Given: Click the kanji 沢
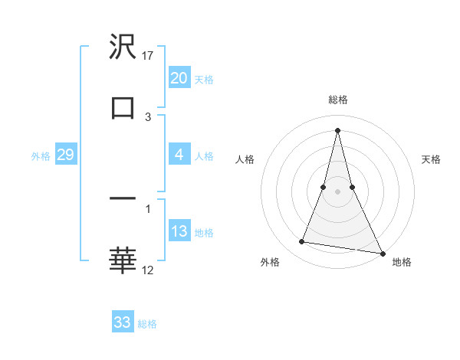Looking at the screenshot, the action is pyautogui.click(x=123, y=48).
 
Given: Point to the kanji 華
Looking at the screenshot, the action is pyautogui.click(x=123, y=260).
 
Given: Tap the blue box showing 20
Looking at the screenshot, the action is pyautogui.click(x=179, y=78).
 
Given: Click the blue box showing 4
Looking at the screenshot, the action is pyautogui.click(x=179, y=155).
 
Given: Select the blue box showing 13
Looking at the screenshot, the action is pyautogui.click(x=179, y=232).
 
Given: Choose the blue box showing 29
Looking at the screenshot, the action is pyautogui.click(x=65, y=155).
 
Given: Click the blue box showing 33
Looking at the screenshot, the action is pyautogui.click(x=123, y=322).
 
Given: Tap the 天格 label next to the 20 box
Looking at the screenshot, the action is pyautogui.click(x=204, y=79).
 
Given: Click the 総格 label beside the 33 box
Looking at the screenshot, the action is pyautogui.click(x=147, y=323).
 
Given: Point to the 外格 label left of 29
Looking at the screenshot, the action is pyautogui.click(x=41, y=155).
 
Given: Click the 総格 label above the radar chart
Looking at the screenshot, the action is pyautogui.click(x=338, y=100).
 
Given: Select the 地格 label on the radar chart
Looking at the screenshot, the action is pyautogui.click(x=402, y=262).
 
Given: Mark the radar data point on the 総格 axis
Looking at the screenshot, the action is pyautogui.click(x=337, y=129).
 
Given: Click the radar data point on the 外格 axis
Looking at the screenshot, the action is pyautogui.click(x=301, y=242).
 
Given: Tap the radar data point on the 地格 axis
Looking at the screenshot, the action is pyautogui.click(x=382, y=253).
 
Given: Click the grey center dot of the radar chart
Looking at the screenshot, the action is pyautogui.click(x=337, y=191).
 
